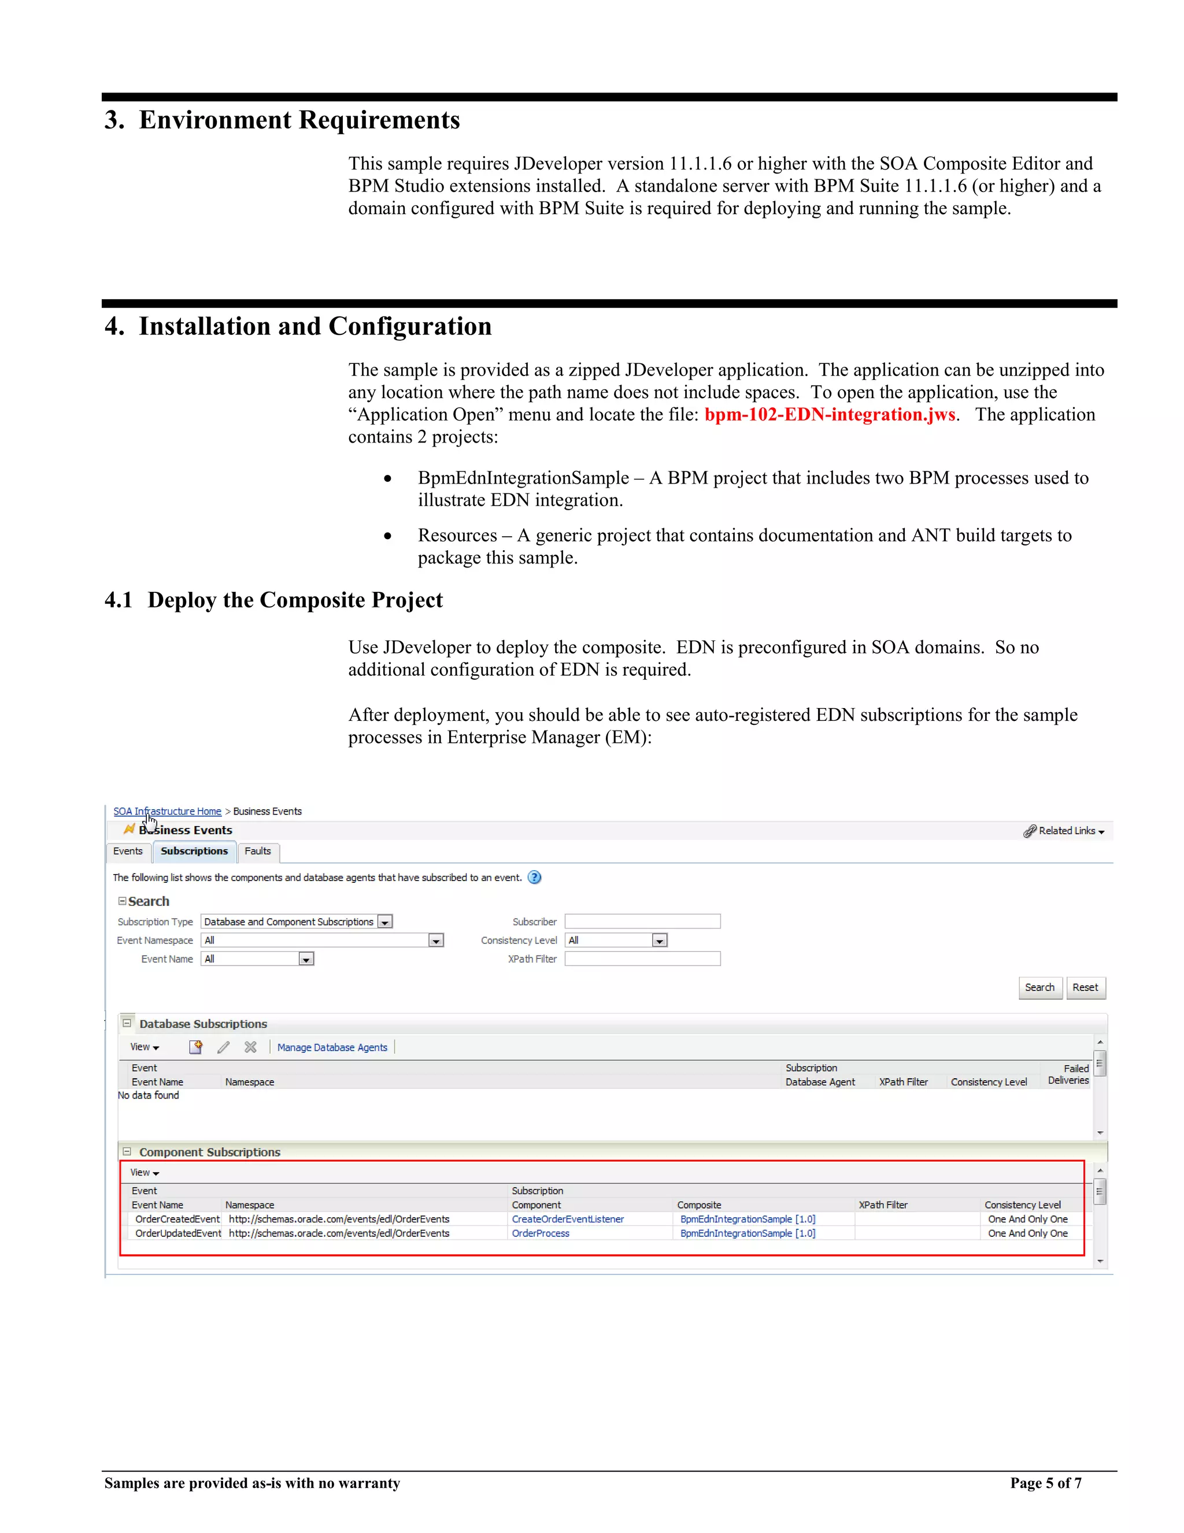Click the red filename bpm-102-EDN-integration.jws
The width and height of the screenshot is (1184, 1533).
tap(829, 415)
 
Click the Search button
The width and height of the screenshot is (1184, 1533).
tap(1039, 987)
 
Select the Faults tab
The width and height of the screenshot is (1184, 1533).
tap(257, 852)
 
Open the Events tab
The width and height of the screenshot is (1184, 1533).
tap(128, 852)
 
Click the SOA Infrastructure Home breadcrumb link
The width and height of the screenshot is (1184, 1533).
tap(167, 812)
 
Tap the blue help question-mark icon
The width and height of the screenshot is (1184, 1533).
tap(535, 878)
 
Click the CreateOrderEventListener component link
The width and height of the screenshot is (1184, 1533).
tap(568, 1219)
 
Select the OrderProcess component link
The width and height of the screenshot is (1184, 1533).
tap(540, 1233)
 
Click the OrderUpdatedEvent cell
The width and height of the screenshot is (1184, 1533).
tap(177, 1233)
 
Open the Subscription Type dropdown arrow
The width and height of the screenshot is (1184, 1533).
tap(385, 922)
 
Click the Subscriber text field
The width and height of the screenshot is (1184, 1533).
tap(642, 922)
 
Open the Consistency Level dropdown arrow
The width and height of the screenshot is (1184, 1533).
tap(659, 941)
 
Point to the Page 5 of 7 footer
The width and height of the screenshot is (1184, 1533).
tap(1045, 1483)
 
